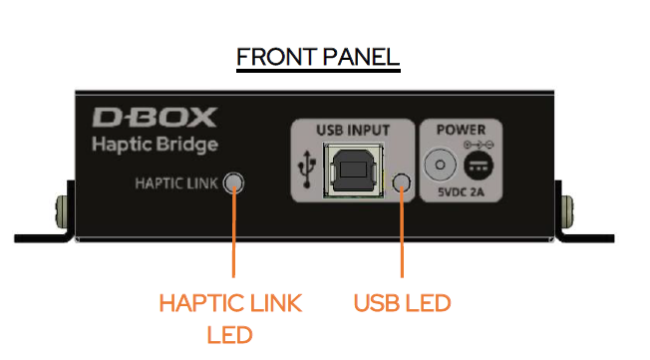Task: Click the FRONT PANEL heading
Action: coord(317,56)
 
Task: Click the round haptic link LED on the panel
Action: coord(233,183)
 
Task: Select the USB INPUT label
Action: coord(352,130)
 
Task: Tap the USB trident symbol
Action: coord(304,171)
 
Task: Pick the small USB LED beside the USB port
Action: coord(402,182)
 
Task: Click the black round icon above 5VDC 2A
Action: coord(480,167)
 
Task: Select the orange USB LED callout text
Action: coord(402,301)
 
